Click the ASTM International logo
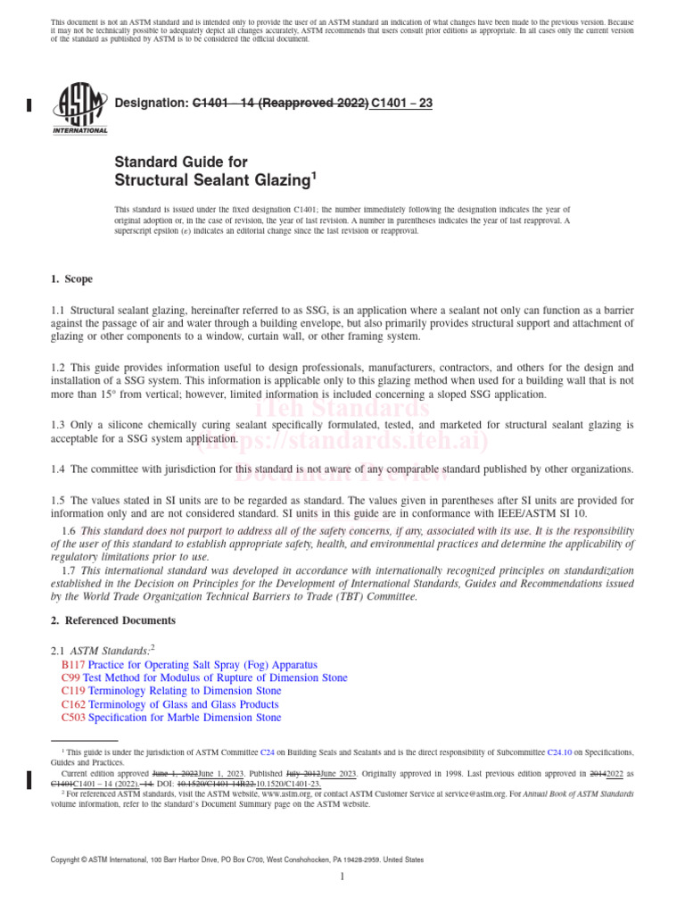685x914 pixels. tap(80, 106)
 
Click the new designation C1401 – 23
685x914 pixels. tap(402, 104)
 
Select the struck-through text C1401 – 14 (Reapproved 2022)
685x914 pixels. tap(280, 104)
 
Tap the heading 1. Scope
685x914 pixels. tap(72, 279)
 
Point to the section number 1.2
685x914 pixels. tap(59, 368)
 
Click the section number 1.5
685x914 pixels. tap(59, 501)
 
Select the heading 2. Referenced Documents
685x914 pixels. tap(113, 620)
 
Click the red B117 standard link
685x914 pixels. tap(71, 665)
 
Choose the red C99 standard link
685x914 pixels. tap(70, 678)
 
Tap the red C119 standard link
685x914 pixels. tap(71, 691)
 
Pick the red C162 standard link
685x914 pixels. tap(71, 704)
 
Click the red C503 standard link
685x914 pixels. tap(71, 718)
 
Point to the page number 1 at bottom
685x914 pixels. tap(342, 877)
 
